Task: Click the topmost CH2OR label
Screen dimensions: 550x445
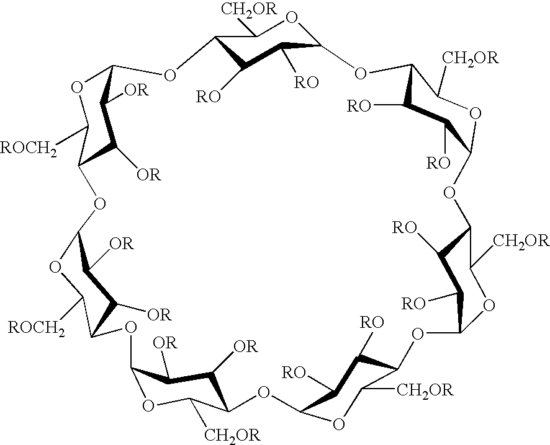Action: pos(249,9)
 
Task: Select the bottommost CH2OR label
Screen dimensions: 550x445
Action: pos(232,435)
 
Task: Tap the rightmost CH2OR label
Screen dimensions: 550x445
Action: pos(521,241)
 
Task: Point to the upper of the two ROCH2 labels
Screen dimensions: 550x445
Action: pos(29,149)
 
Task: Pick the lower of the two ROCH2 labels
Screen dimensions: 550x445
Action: pos(37,328)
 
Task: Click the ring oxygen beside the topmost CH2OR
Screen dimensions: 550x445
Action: pos(292,17)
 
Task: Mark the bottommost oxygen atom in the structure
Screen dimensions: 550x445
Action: pos(338,424)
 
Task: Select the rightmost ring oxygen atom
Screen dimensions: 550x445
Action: pos(489,306)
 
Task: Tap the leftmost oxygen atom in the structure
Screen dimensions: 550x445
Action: pos(55,267)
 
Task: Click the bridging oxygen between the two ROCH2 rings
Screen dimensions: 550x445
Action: pos(100,203)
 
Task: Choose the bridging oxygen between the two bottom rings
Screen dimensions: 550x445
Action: pos(263,392)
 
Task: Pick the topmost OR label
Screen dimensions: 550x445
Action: pos(137,90)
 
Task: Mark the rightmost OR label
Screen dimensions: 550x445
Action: pos(246,346)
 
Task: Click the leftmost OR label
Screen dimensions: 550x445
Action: pos(122,244)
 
